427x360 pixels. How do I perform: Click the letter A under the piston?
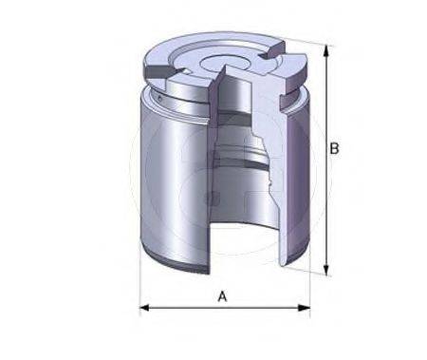(x=223, y=296)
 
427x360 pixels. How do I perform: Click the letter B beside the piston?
(x=334, y=148)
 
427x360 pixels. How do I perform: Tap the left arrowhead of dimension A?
(x=145, y=308)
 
